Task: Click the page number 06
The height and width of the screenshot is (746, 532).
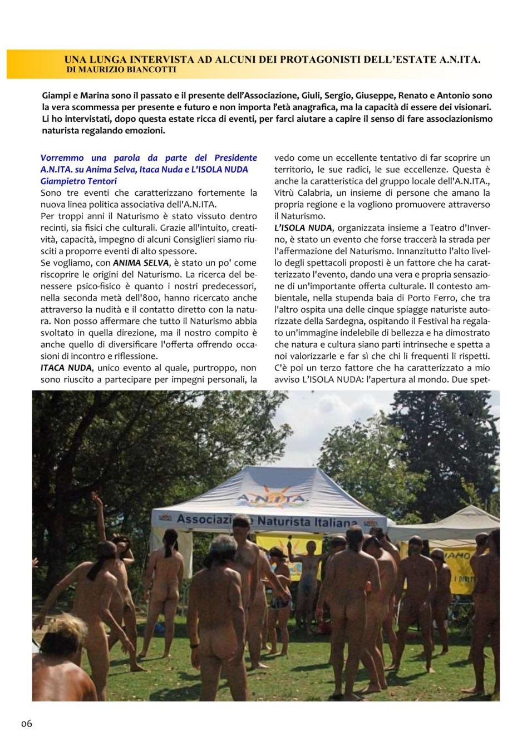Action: tap(27, 724)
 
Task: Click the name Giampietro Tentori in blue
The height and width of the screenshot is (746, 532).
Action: tap(78, 181)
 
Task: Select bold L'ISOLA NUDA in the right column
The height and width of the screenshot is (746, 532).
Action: tap(303, 228)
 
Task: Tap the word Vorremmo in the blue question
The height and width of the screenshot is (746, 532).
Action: tap(62, 158)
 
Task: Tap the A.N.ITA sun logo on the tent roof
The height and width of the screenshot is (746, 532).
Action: tap(272, 497)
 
